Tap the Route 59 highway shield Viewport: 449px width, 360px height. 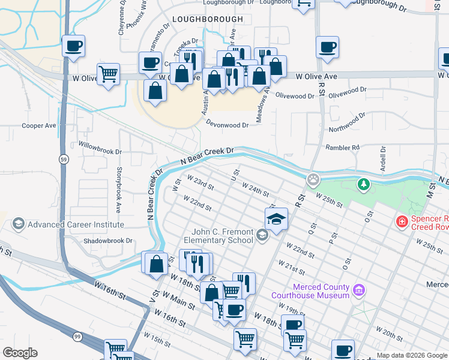(x=63, y=159)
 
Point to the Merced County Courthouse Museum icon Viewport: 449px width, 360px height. (x=359, y=291)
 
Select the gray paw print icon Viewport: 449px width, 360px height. (x=313, y=179)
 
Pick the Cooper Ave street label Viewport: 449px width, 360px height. (x=38, y=126)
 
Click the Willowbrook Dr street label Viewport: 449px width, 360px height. (x=100, y=148)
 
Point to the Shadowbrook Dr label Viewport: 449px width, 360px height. (x=108, y=241)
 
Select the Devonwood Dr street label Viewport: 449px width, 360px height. (x=227, y=125)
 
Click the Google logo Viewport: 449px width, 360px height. (x=20, y=353)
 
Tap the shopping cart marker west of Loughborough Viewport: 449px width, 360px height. (x=108, y=74)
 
